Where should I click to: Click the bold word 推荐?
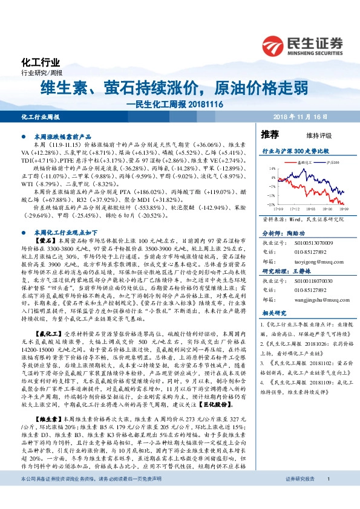click(x=270, y=134)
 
